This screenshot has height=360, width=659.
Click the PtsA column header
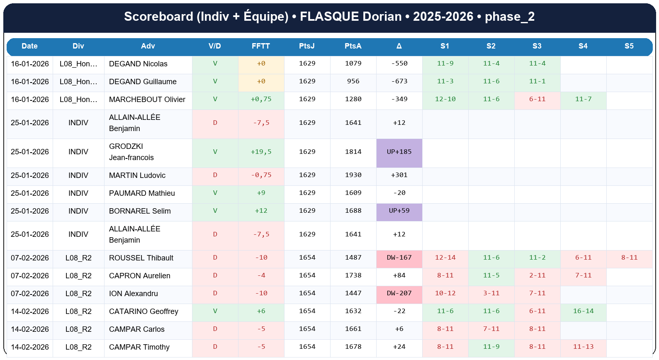click(x=353, y=46)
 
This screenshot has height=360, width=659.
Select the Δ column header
click(x=399, y=46)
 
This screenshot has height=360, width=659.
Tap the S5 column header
click(x=629, y=46)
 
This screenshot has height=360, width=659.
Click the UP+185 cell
click(x=399, y=152)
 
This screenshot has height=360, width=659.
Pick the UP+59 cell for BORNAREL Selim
click(x=399, y=211)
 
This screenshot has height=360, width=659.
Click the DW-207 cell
click(x=399, y=293)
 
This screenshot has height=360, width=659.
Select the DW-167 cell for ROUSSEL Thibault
click(x=399, y=258)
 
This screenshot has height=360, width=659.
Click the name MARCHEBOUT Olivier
click(x=147, y=100)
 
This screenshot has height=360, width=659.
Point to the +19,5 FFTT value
click(x=261, y=152)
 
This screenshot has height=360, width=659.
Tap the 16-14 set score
click(x=583, y=311)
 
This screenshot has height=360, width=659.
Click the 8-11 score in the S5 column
click(x=629, y=258)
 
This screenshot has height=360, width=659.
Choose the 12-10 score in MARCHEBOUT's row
click(x=445, y=99)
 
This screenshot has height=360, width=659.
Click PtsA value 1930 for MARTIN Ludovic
click(x=353, y=175)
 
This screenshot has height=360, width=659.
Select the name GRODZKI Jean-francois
click(x=131, y=152)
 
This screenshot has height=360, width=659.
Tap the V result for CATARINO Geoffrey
click(x=215, y=311)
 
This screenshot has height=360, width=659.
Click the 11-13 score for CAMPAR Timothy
click(x=583, y=347)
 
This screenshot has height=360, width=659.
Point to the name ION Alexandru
click(x=133, y=294)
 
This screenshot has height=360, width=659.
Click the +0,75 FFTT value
click(x=261, y=99)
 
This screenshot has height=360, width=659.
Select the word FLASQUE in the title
click(x=329, y=17)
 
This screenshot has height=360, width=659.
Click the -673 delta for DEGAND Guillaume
click(x=399, y=81)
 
